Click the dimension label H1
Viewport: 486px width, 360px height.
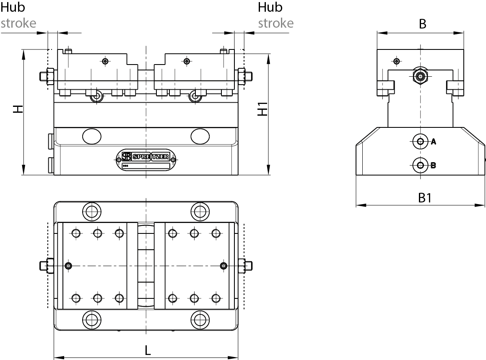coord(262,110)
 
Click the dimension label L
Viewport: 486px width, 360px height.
coord(148,350)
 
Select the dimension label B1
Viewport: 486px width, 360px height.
coord(425,197)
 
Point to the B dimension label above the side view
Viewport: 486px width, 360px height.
coord(423,24)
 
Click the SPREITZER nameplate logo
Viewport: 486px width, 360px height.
coord(146,157)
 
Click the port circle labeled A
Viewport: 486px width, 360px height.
coord(419,141)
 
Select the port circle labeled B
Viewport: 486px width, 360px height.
coord(419,165)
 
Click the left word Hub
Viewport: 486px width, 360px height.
coord(13,7)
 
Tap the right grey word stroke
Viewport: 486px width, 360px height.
coord(275,23)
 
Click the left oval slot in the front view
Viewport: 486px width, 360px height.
coord(92,136)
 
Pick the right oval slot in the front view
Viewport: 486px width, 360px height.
coord(200,136)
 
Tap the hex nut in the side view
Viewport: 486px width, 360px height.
coord(419,76)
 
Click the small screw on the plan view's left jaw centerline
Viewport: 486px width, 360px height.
coord(69,266)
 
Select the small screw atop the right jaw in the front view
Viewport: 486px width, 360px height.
coord(186,61)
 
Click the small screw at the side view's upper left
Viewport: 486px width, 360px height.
coord(396,61)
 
